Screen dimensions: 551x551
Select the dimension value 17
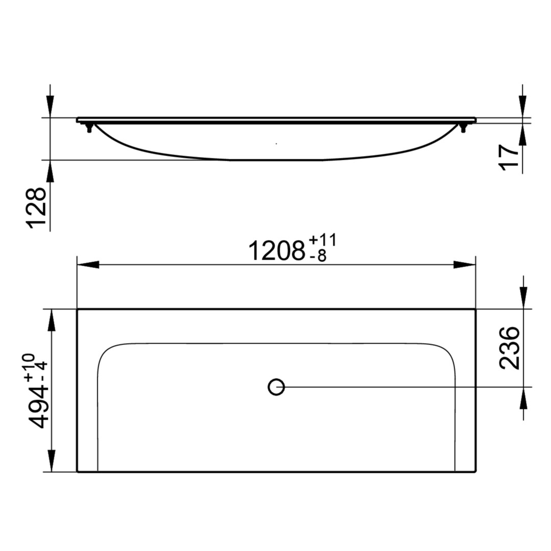[x=509, y=157]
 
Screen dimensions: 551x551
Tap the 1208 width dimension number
[x=277, y=251]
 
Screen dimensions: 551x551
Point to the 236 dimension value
[x=509, y=348]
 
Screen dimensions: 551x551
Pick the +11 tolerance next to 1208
[x=322, y=241]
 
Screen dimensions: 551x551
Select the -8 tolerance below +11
[x=318, y=256]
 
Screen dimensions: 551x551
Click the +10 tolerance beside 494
[x=30, y=367]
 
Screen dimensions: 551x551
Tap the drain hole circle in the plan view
[x=276, y=387]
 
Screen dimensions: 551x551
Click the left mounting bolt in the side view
[x=89, y=128]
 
